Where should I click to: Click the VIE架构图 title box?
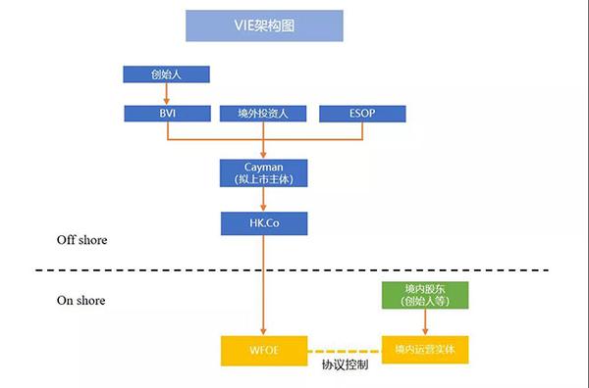click(x=265, y=25)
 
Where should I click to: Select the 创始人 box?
click(x=167, y=74)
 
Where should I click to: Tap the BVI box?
click(x=167, y=113)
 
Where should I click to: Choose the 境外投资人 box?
click(x=264, y=113)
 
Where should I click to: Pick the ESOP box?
click(x=361, y=113)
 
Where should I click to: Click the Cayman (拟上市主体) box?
click(x=264, y=172)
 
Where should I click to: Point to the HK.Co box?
click(x=264, y=224)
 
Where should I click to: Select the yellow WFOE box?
click(x=264, y=348)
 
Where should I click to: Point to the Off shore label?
click(x=82, y=240)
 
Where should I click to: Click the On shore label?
click(x=81, y=300)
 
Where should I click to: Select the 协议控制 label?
click(x=343, y=365)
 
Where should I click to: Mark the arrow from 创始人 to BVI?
click(x=167, y=93)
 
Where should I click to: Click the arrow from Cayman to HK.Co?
click(x=264, y=200)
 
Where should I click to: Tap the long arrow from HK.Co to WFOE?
click(x=264, y=284)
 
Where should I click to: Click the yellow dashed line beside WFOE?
click(x=343, y=348)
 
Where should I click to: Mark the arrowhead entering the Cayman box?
click(x=264, y=154)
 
